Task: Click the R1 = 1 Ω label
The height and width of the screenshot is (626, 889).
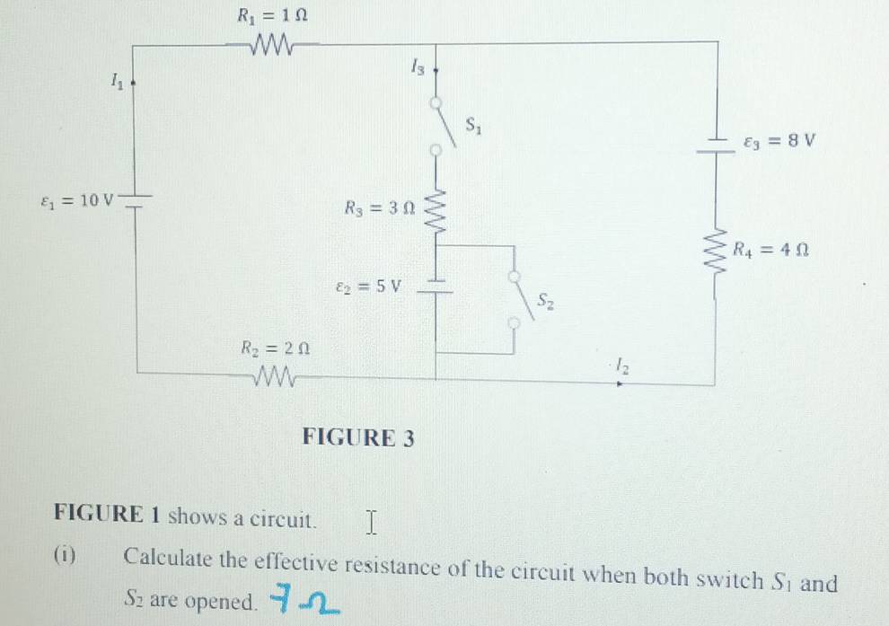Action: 272,15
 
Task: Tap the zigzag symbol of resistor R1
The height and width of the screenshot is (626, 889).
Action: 273,44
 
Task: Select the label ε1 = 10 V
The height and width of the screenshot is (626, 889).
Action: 77,200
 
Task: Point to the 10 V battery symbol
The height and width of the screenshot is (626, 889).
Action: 136,200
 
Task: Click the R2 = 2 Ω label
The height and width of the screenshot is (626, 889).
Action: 276,348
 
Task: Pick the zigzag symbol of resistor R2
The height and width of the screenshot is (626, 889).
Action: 275,376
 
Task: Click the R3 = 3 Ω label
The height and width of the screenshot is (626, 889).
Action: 380,208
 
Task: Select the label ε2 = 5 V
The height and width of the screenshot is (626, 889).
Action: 368,287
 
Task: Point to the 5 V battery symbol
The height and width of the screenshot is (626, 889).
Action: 435,287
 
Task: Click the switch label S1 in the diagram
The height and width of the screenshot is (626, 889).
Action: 473,125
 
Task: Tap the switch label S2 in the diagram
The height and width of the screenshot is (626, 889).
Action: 545,301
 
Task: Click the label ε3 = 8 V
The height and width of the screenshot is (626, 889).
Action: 779,141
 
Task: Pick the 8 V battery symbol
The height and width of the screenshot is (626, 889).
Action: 716,145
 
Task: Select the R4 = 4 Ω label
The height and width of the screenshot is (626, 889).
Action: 770,250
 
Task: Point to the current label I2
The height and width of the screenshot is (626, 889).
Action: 622,366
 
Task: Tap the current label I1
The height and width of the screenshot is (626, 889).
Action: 116,82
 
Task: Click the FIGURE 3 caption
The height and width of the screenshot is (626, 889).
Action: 358,437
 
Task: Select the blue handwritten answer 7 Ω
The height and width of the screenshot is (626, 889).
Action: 304,600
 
